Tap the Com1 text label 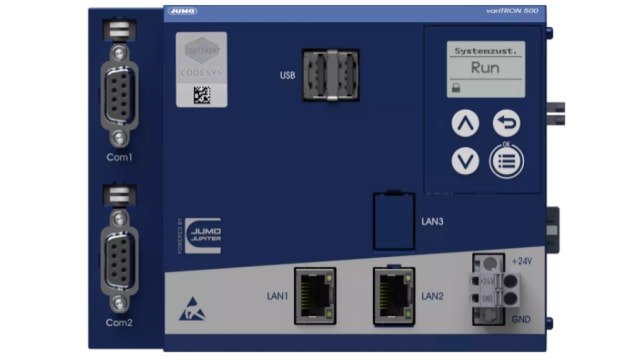pyautogui.click(x=120, y=157)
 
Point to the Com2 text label pyautogui.click(x=120, y=322)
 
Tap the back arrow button pyautogui.click(x=507, y=123)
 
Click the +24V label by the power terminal pyautogui.click(x=521, y=261)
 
